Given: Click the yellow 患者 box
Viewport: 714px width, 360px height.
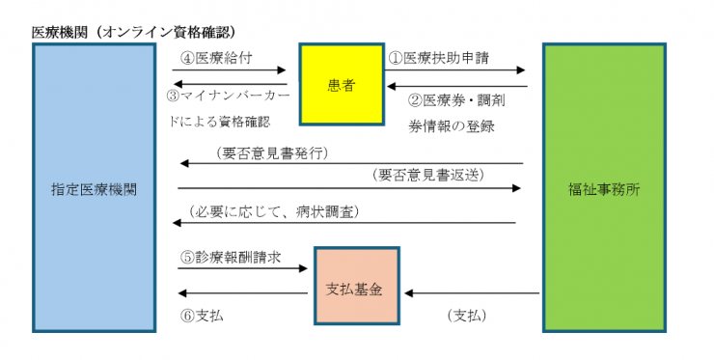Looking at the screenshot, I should tap(341, 85).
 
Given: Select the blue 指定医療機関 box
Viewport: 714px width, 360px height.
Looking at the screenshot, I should tap(94, 189).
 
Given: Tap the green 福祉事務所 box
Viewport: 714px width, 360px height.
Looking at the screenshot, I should tap(604, 189).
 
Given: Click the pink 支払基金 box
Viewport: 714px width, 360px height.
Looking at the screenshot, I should tap(354, 288).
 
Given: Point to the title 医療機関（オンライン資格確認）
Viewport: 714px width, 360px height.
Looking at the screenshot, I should tap(136, 31).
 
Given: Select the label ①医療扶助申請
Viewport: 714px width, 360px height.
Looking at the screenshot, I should tap(439, 57).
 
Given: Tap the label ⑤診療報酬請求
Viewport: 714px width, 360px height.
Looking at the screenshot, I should tap(231, 258).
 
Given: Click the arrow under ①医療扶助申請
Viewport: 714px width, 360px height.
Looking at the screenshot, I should tap(456, 70).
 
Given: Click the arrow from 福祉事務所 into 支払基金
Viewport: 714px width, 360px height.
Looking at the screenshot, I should tap(473, 292).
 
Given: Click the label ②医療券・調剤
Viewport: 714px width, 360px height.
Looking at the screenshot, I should tap(453, 98).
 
